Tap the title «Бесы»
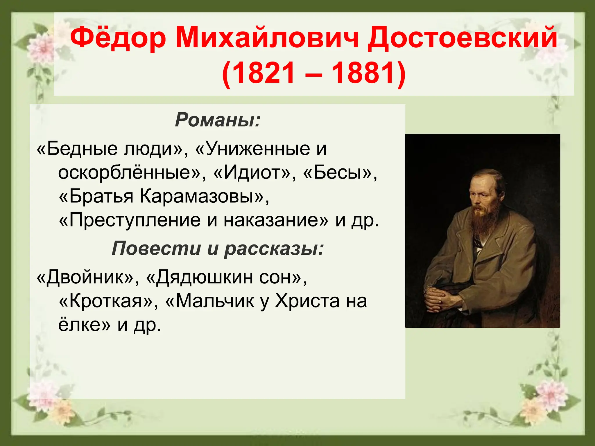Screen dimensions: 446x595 [340, 172]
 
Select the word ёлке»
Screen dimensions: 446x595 [84, 325]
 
